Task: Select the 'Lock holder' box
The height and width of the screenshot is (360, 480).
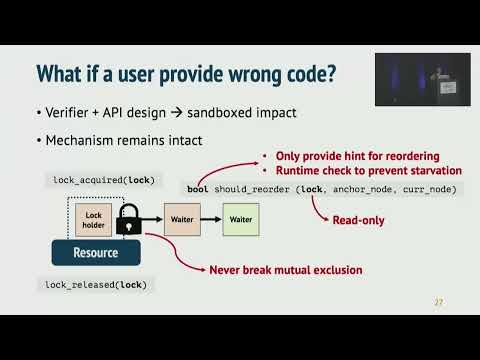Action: tap(94, 220)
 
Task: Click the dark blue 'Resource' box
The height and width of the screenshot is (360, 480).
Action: tap(96, 253)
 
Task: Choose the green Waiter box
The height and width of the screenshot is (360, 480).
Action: tap(240, 218)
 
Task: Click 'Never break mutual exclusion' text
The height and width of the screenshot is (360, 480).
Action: tap(286, 270)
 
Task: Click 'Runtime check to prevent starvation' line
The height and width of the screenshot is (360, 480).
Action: tap(361, 171)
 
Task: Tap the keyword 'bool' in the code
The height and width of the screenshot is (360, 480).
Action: tap(198, 190)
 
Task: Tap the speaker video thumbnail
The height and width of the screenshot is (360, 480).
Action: tap(415, 80)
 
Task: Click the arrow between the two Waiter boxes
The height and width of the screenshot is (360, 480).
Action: tap(212, 218)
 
